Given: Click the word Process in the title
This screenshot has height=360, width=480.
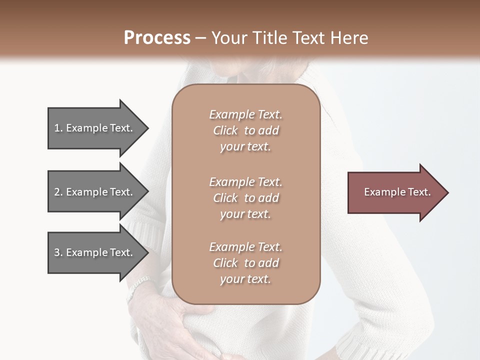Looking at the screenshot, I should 157,38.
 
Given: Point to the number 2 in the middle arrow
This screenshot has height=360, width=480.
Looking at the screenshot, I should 57,192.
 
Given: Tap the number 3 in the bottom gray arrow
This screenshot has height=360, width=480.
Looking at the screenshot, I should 57,252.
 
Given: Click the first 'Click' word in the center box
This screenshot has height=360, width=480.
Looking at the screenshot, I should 225,130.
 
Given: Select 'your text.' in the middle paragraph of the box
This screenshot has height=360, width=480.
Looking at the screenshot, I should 245,214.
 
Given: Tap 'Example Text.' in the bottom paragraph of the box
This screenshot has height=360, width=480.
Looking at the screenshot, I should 245,247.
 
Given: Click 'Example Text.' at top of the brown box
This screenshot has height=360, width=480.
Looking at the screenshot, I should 245,114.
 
